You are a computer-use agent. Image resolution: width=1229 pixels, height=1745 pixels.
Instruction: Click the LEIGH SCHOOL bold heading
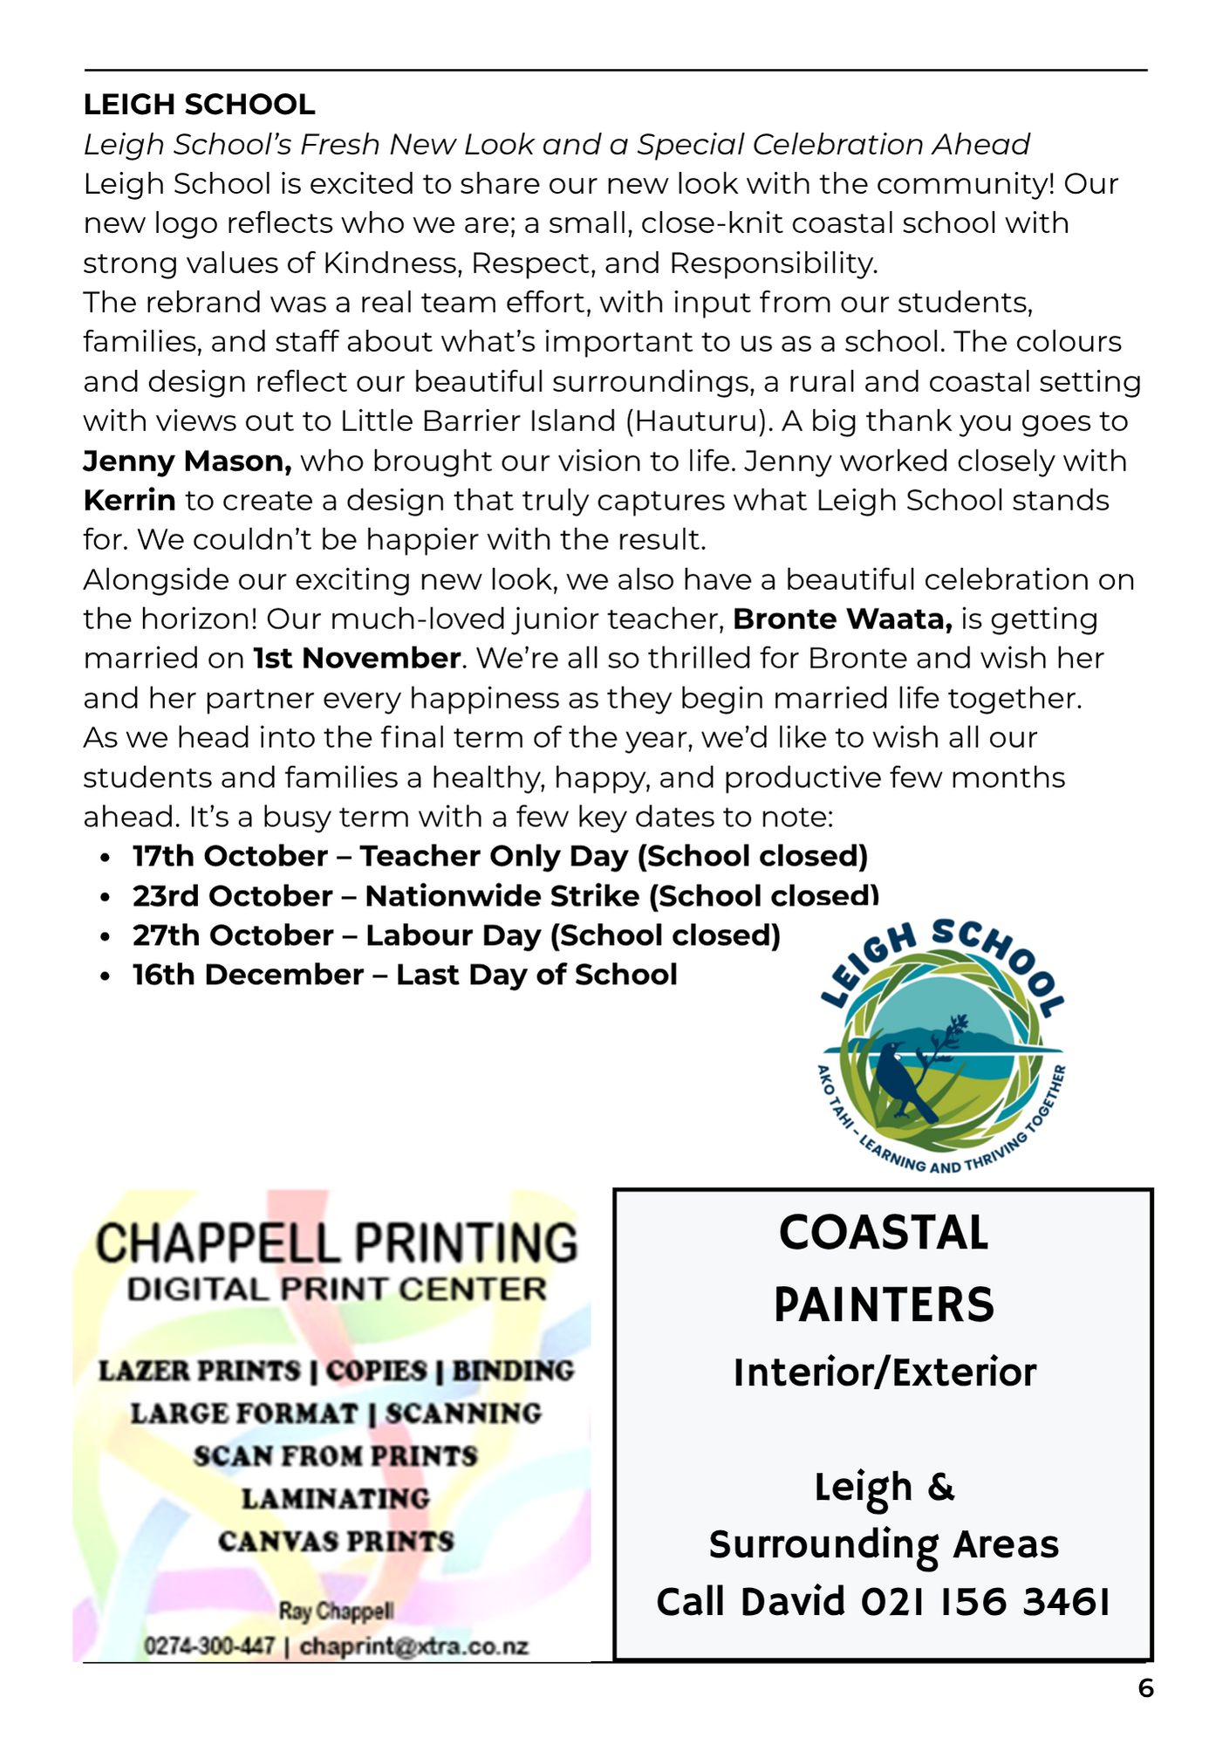[199, 105]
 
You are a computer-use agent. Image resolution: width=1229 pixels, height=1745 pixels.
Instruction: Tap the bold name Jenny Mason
[187, 461]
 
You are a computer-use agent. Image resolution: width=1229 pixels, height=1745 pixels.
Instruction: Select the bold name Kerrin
[129, 501]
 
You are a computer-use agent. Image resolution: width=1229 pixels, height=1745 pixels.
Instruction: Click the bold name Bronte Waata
[842, 619]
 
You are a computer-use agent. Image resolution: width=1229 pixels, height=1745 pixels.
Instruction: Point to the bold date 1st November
[357, 658]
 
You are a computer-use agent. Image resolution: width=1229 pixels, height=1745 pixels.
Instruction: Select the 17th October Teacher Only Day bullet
[500, 856]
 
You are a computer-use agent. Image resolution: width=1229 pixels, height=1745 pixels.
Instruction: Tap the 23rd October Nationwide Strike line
[505, 896]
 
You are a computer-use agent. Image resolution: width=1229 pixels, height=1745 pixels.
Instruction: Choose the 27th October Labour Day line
[456, 935]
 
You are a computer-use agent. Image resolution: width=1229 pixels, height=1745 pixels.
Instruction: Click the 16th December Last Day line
[405, 975]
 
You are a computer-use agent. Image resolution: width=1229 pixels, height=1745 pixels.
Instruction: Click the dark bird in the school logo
[903, 1080]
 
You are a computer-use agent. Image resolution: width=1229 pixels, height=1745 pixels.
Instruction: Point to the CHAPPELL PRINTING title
[336, 1242]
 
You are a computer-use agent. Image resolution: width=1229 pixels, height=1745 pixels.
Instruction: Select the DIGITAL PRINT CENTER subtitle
[336, 1290]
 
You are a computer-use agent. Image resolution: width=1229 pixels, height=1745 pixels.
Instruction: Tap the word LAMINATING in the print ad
[336, 1498]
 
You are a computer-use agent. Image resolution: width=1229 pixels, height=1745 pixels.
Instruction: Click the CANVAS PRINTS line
[336, 1541]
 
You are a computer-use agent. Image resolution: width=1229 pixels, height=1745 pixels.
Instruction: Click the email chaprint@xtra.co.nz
[414, 1646]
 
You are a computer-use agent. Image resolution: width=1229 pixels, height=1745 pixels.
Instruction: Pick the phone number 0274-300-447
[209, 1646]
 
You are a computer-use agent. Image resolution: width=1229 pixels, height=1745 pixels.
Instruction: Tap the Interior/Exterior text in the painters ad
[884, 1372]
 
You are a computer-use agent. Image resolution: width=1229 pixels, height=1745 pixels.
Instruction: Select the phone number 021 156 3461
[986, 1602]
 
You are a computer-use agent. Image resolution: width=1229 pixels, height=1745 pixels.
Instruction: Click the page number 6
[1145, 1688]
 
